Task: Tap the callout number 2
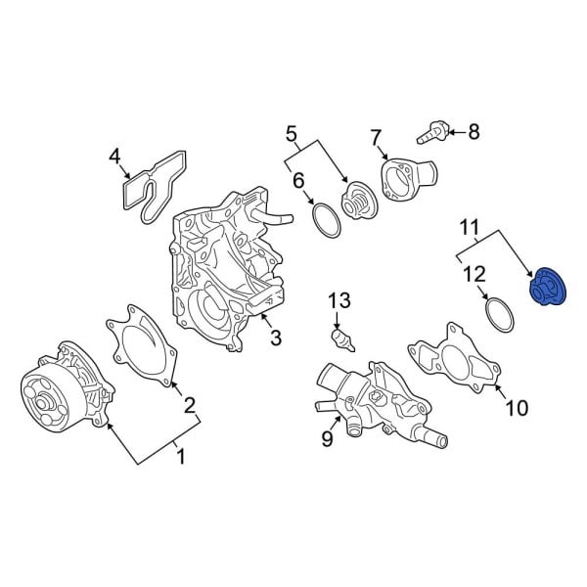190,404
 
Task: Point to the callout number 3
276,339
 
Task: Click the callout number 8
474,131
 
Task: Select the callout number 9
328,440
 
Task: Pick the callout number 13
338,299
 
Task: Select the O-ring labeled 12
501,315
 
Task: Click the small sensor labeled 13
341,340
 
